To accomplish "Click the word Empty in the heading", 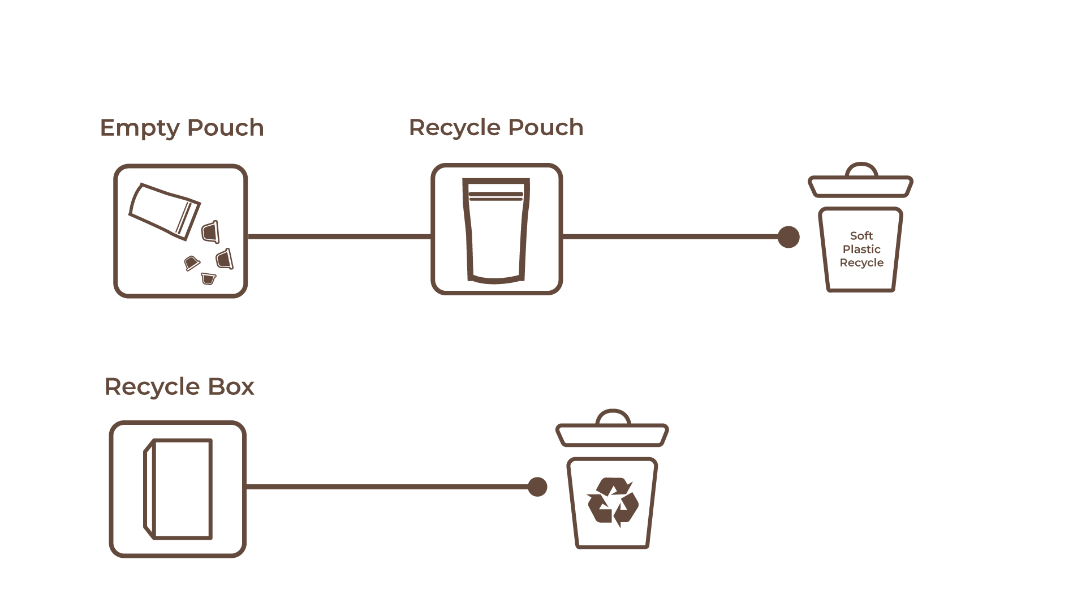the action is (140, 128).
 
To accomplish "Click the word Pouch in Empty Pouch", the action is (225, 127).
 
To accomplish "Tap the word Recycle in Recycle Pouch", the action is (455, 128).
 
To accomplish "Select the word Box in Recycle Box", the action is (231, 387).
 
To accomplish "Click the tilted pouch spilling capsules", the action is (165, 211).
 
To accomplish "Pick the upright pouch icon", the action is (496, 230).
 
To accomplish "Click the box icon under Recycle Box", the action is (178, 489).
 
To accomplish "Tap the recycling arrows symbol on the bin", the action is (613, 502).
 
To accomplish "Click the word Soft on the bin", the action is (861, 236).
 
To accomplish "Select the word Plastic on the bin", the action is (861, 249).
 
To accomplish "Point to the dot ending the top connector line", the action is (788, 237).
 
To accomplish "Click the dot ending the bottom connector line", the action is (537, 487).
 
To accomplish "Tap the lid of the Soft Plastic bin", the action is (860, 187).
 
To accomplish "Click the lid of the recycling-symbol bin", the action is (612, 435).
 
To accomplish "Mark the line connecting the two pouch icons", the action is (339, 236).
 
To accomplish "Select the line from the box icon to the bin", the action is (387, 487).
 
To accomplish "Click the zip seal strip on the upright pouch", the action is (496, 196).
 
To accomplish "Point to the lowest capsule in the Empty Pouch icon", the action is (209, 279).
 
